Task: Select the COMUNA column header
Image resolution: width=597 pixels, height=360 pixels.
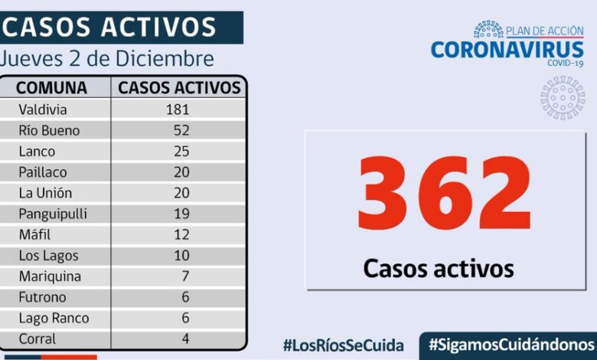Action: [52, 87]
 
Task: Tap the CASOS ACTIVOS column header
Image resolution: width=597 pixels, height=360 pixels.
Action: [180, 87]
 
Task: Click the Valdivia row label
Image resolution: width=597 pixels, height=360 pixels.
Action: [43, 110]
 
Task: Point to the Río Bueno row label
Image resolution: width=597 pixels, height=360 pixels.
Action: [49, 130]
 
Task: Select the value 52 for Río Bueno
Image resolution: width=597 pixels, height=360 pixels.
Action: [181, 130]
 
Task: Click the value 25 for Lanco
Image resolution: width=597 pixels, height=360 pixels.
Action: [181, 151]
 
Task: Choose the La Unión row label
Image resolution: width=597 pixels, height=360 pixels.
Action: [45, 193]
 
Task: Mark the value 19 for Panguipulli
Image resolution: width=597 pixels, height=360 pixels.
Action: [181, 214]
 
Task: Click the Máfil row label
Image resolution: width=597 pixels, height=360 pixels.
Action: [35, 234]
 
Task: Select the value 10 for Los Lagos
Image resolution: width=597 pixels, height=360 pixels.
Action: [181, 256]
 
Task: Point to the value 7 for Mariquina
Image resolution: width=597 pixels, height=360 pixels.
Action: [184, 277]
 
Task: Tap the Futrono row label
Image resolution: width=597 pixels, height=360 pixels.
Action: [42, 297]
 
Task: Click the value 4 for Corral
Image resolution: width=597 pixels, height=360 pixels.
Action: [184, 339]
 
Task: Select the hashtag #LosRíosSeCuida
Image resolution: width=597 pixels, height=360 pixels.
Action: [344, 344]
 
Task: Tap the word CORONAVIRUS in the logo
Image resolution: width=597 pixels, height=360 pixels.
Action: [507, 50]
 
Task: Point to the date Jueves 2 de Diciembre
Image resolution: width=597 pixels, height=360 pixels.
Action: [107, 59]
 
